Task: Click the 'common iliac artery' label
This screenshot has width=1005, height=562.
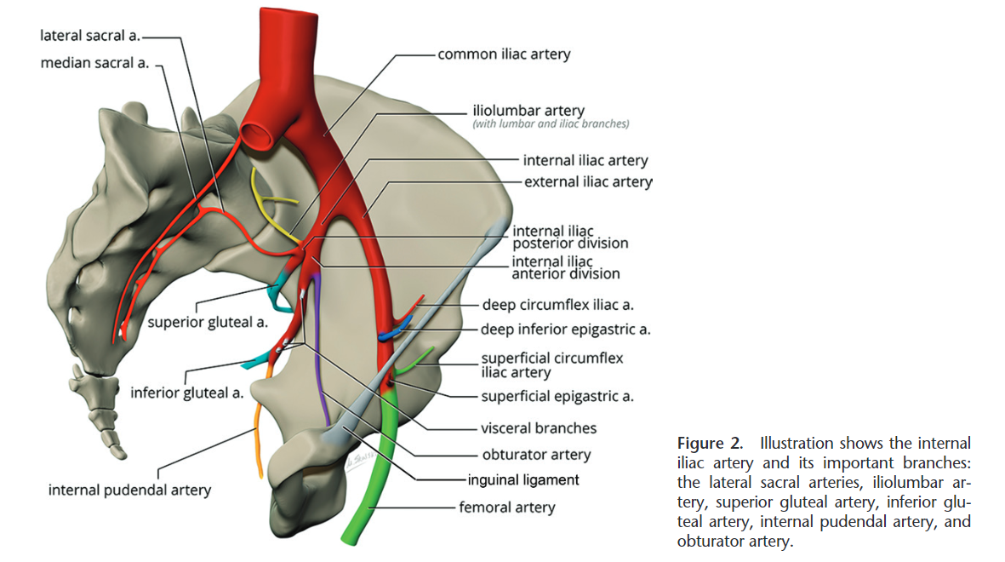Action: [504, 54]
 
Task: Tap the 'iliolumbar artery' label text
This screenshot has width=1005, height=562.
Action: [528, 111]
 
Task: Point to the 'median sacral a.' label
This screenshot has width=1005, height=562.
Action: [94, 63]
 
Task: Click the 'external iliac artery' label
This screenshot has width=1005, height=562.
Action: [588, 181]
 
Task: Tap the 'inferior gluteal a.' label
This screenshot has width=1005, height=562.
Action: [187, 393]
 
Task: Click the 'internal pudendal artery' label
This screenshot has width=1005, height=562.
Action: [129, 490]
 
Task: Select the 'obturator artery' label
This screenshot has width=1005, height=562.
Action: [536, 455]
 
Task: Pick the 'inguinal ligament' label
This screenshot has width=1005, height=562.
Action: [523, 479]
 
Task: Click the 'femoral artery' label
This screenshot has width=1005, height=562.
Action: [506, 508]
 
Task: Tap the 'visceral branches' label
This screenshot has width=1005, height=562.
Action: [539, 428]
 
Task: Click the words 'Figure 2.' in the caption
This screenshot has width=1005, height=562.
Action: [713, 443]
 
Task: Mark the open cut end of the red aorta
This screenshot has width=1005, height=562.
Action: [258, 135]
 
